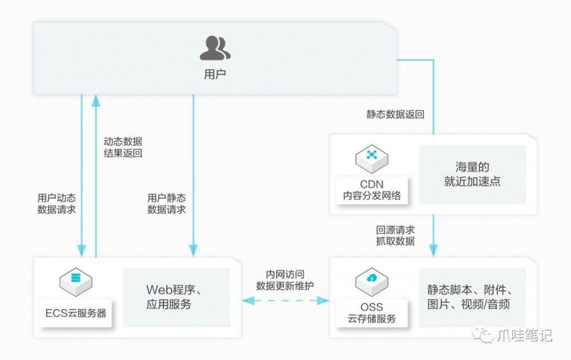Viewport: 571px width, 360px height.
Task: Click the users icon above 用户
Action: [x=215, y=48]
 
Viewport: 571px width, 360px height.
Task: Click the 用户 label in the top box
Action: [x=215, y=74]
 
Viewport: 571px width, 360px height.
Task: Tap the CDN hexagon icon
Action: [x=372, y=155]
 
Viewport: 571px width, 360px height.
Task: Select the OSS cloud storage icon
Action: [x=372, y=279]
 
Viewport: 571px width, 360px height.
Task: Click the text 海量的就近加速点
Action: [x=472, y=174]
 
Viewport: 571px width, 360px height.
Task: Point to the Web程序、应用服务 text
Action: [x=176, y=297]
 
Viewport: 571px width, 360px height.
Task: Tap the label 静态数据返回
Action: [x=395, y=114]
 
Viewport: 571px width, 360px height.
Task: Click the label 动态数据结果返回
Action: [x=123, y=147]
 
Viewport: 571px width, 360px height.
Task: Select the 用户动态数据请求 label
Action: [x=57, y=203]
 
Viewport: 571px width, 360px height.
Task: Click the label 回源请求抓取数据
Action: [x=395, y=235]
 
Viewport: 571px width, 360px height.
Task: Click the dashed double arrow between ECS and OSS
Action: [x=285, y=299]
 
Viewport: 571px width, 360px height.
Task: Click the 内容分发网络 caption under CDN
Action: [x=372, y=195]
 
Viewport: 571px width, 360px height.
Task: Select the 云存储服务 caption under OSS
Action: [x=372, y=318]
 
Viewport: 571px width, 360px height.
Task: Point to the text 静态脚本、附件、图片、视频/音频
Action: [x=472, y=297]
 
